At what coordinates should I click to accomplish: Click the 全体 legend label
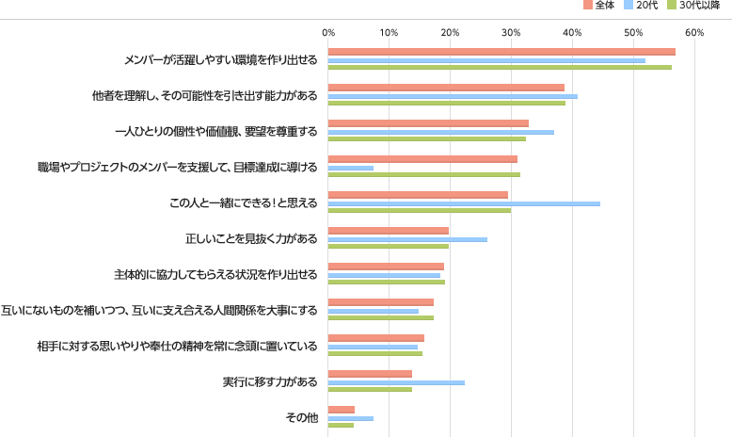point(605,6)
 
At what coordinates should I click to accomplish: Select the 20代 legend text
point(647,6)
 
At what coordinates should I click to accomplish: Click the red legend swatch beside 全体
point(588,6)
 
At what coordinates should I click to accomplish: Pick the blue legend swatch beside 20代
point(629,6)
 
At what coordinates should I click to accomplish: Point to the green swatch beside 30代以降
point(672,6)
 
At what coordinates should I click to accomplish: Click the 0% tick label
point(328,33)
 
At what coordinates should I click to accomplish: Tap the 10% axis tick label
point(390,33)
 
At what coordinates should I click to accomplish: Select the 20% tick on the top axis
point(451,33)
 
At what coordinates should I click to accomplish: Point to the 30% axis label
point(512,33)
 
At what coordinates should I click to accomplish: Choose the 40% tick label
point(573,33)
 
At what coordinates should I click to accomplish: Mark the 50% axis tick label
point(634,33)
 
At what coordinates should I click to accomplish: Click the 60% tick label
point(695,33)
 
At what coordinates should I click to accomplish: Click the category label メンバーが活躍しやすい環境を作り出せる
point(220,60)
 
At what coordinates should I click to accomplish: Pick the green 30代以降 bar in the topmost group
point(500,68)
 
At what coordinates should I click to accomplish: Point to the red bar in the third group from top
point(428,123)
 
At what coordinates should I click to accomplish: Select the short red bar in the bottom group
point(342,410)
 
